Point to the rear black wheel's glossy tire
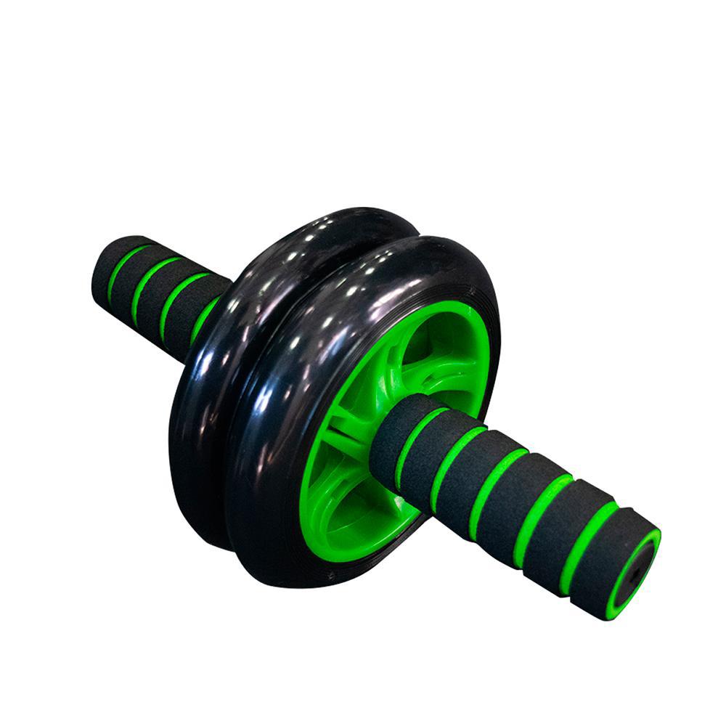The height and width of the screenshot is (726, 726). tap(218, 363)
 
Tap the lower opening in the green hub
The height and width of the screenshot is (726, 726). tap(348, 508)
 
